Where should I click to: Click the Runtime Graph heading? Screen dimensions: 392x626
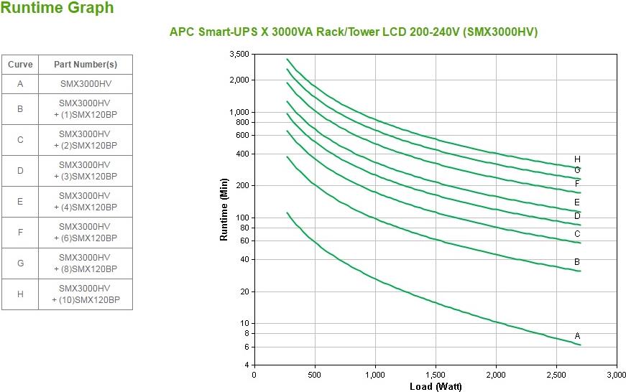57,9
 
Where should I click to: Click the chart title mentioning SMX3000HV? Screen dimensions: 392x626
353,32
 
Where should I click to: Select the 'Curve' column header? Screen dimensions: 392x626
20,64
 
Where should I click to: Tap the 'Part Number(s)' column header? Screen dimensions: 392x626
86,64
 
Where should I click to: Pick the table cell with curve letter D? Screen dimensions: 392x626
20,171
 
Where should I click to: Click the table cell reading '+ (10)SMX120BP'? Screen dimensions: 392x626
86,294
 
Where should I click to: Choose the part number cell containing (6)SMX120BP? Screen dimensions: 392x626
86,233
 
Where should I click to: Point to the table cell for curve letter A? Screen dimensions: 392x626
20,83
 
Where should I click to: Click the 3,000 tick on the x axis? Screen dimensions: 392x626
617,375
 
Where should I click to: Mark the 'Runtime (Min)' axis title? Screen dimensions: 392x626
224,209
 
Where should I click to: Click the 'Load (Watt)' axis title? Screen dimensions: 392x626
436,386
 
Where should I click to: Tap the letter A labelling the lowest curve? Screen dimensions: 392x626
577,336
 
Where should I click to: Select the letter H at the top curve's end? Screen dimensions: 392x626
577,159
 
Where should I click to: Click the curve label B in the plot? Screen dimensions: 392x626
577,262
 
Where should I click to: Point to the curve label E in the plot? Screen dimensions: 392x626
577,202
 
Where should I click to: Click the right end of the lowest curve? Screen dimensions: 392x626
580,345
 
